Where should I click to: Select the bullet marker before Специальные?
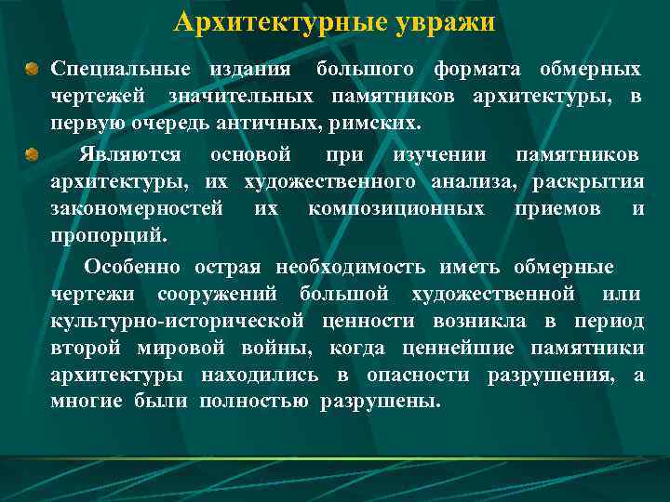pyautogui.click(x=33, y=70)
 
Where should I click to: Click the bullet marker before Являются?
pyautogui.click(x=33, y=152)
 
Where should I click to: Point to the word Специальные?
pyautogui.click(x=120, y=70)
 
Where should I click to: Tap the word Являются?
pyautogui.click(x=130, y=152)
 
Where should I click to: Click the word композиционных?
pyautogui.click(x=395, y=208)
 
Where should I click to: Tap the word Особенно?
pyautogui.click(x=134, y=268)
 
